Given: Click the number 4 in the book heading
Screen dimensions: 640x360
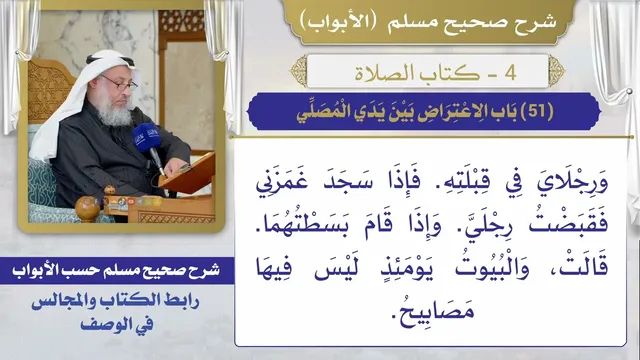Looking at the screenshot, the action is pyautogui.click(x=511, y=73).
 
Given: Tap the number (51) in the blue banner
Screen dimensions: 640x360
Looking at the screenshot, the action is pyautogui.click(x=537, y=111).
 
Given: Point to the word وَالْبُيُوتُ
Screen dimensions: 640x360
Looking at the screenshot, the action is pyautogui.click(x=492, y=268).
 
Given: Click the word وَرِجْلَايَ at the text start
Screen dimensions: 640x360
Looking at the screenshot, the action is pyautogui.click(x=572, y=184).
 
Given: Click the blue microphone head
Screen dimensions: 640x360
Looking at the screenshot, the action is pyautogui.click(x=147, y=137).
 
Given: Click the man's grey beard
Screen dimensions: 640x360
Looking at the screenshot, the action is pyautogui.click(x=113, y=110).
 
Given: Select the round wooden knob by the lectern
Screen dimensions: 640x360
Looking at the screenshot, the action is pyautogui.click(x=87, y=209).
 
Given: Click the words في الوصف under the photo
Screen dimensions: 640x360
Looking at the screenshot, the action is pyautogui.click(x=117, y=325).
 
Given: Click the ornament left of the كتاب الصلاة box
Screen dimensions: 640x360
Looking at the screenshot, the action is pyautogui.click(x=299, y=71).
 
